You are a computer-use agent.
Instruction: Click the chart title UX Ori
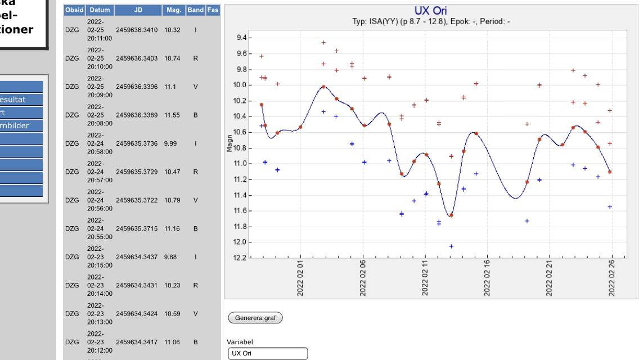[430, 11]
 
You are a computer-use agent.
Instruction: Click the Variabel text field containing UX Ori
[268, 353]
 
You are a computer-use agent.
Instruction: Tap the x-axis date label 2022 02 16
[487, 278]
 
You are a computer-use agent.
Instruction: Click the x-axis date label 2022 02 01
[300, 278]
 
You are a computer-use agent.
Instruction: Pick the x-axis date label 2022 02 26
[611, 278]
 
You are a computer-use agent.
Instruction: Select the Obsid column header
[74, 10]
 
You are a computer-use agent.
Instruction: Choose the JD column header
[138, 10]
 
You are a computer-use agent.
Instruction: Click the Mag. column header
[173, 10]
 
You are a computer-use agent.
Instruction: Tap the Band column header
[195, 10]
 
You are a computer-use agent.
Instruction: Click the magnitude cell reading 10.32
[172, 30]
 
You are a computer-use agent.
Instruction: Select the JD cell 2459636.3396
[137, 87]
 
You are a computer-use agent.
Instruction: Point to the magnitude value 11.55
[172, 115]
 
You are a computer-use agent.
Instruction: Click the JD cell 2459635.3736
[137, 143]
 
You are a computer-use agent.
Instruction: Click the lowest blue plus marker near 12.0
[451, 246]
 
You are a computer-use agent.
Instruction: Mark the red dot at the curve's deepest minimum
[451, 215]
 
